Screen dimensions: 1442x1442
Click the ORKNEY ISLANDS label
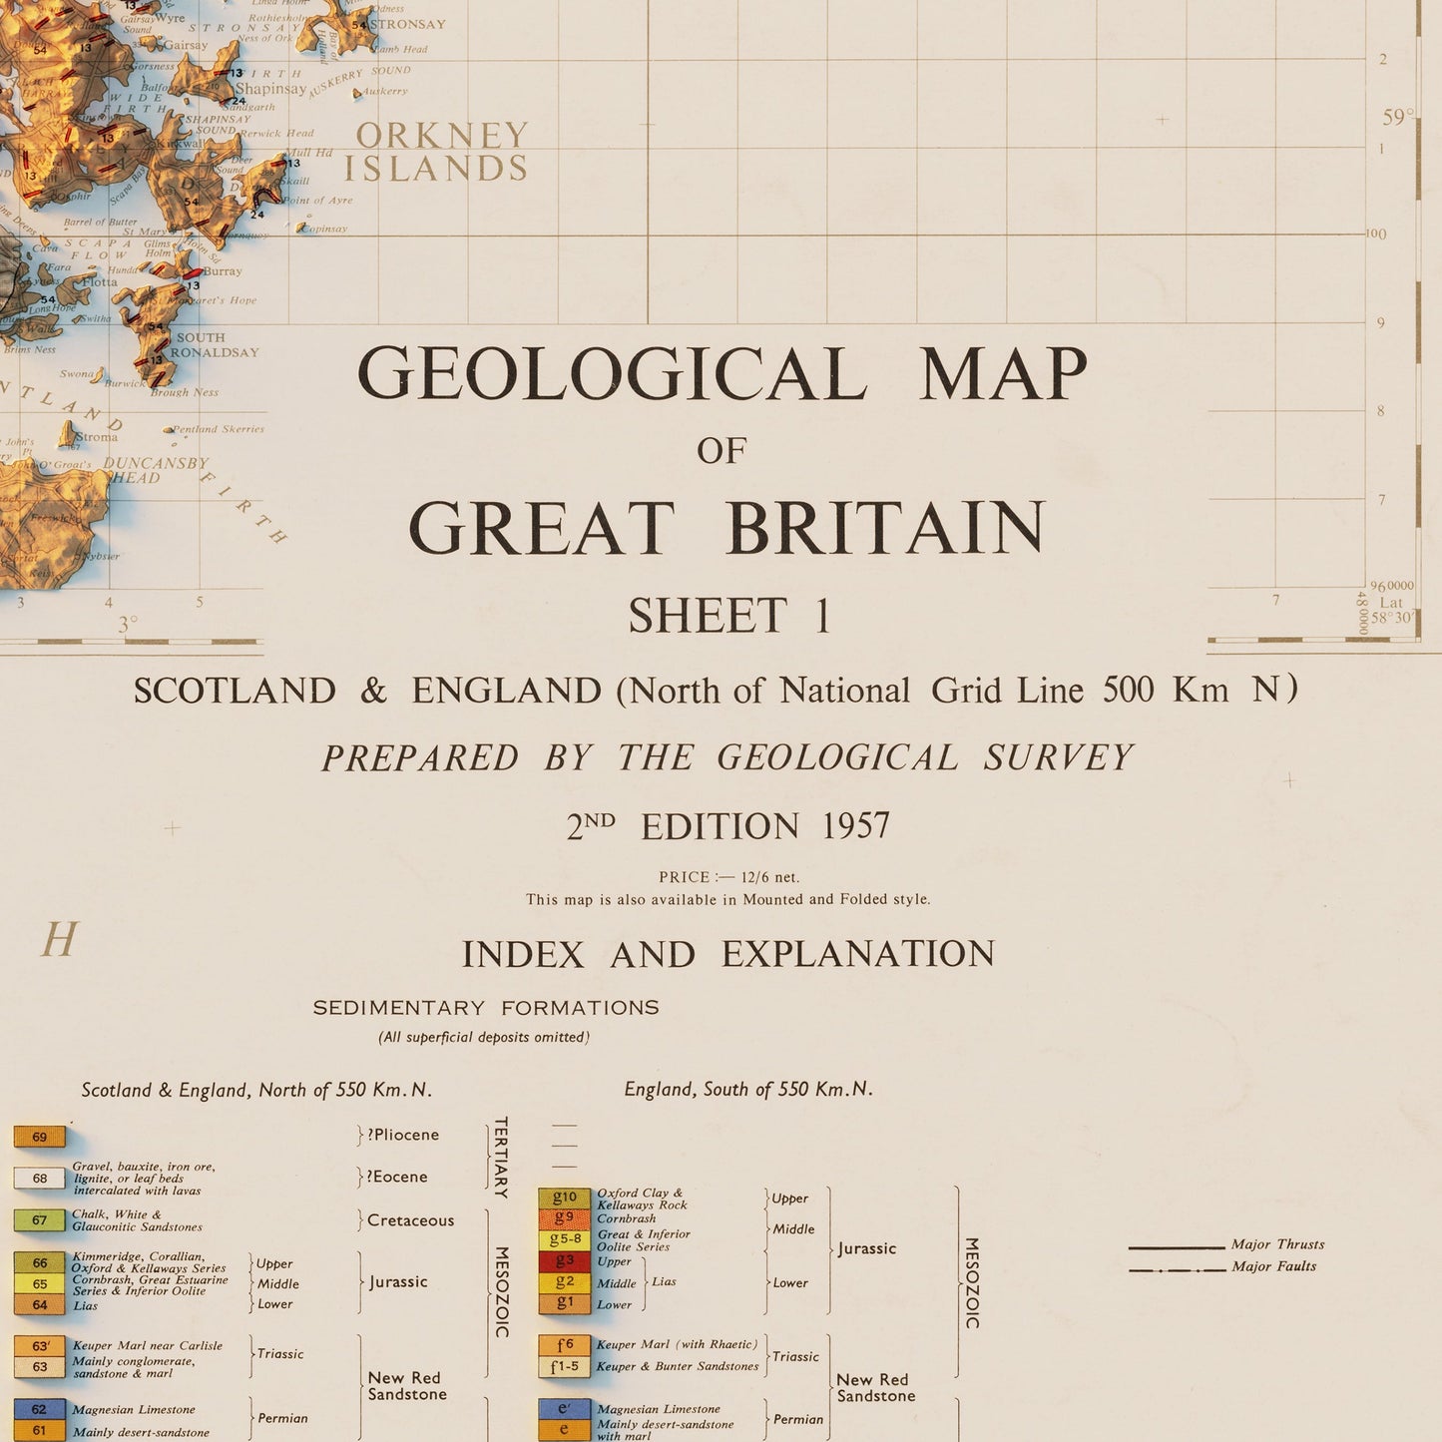[437, 152]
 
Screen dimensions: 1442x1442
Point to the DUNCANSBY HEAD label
[156, 470]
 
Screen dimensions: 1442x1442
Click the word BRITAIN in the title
[886, 528]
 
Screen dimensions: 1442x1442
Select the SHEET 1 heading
[729, 616]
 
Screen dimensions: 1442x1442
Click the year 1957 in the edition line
[856, 826]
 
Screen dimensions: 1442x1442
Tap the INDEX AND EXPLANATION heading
[727, 954]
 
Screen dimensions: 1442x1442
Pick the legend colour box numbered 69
[40, 1137]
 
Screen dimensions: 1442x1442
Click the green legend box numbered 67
[40, 1219]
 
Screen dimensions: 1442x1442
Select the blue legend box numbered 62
[40, 1410]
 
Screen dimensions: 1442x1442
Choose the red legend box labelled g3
[565, 1261]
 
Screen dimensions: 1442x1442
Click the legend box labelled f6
[565, 1345]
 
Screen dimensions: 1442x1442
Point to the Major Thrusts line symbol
[1177, 1247]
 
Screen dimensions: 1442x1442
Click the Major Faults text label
[1273, 1266]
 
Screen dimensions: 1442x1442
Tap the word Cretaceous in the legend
[410, 1220]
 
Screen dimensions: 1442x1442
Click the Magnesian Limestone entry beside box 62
[134, 1410]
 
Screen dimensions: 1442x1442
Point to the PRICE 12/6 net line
[728, 877]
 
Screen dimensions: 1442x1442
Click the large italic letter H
[59, 940]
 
